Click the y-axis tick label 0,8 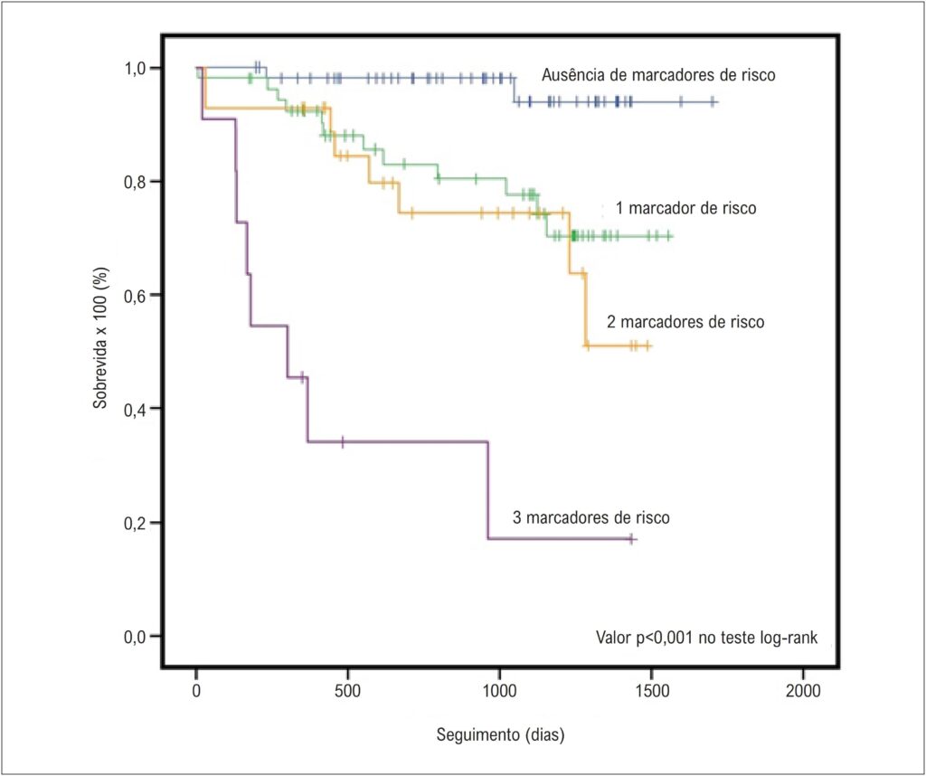point(137,181)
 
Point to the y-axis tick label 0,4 point(137,409)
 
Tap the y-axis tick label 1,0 point(137,68)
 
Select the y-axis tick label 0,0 point(137,636)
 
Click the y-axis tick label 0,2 point(137,523)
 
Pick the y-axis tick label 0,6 point(137,295)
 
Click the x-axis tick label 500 point(348,690)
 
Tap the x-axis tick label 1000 point(499,690)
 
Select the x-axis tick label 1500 point(651,690)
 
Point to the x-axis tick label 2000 point(803,690)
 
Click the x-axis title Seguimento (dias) point(501,735)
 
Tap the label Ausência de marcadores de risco point(658,75)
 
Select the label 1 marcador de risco point(685,208)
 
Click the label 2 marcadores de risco point(685,322)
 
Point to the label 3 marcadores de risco point(591,518)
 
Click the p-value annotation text point(707,638)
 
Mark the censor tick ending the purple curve point(631,539)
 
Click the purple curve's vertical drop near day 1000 point(487,490)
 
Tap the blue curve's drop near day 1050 point(514,90)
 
